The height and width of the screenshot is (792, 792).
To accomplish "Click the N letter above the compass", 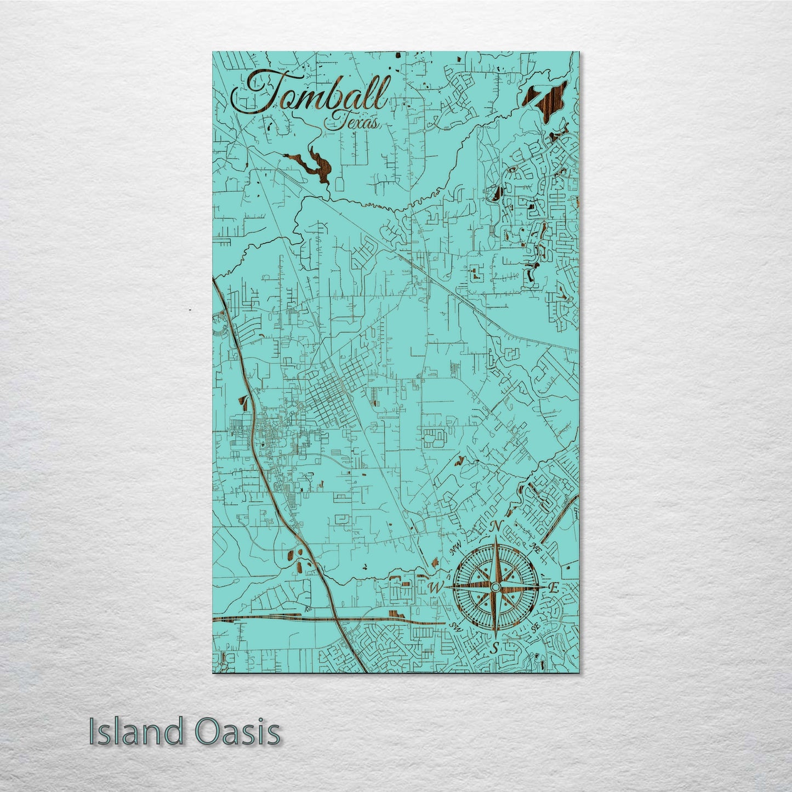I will [x=496, y=526].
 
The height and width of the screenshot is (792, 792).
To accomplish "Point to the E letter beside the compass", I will [x=554, y=589].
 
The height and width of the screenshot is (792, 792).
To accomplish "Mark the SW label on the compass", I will [x=454, y=626].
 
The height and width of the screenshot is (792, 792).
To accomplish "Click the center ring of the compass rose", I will [x=494, y=588].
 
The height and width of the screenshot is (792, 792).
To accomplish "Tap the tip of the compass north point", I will [x=495, y=539].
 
